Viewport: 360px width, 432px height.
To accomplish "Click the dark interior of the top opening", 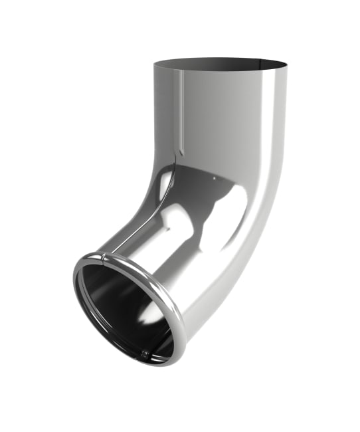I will pyautogui.click(x=219, y=64).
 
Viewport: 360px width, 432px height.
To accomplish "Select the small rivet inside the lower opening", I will pyautogui.click(x=145, y=354).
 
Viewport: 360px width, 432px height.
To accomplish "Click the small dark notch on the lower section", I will pyautogui.click(x=167, y=229).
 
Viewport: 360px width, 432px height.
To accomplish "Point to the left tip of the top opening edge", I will pyautogui.click(x=153, y=64).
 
